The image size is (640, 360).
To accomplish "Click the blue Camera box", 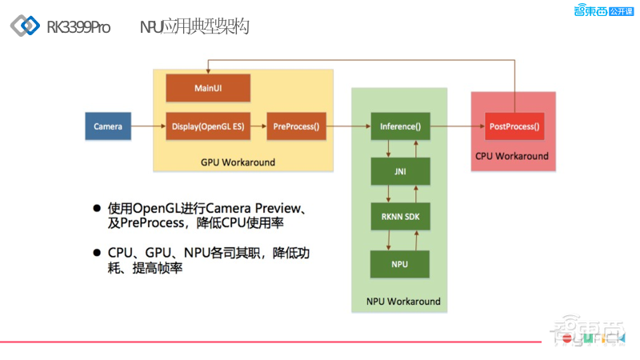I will (x=108, y=126).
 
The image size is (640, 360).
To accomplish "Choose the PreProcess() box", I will (x=296, y=126).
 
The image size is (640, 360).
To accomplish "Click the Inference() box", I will (x=400, y=126).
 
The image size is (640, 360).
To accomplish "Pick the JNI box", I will (x=400, y=170).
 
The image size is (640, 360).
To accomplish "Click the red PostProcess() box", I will (x=514, y=126).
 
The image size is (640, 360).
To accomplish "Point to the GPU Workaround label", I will (x=238, y=162).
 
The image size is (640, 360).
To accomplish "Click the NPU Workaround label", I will (x=403, y=302).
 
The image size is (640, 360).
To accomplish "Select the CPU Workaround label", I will (x=512, y=156).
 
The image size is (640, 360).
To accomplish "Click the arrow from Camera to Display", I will (x=149, y=126).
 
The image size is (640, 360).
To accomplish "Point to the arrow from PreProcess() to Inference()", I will (x=348, y=126).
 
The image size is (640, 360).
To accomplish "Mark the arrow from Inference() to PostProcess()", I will (x=457, y=126).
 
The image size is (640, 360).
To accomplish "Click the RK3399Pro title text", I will (x=78, y=27).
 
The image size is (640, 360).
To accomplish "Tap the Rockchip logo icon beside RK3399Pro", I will (x=25, y=26).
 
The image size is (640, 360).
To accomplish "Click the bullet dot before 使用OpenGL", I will (x=97, y=208).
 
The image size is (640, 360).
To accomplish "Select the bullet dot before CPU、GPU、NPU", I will (x=97, y=252).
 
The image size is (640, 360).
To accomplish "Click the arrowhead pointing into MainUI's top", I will (x=208, y=71).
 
